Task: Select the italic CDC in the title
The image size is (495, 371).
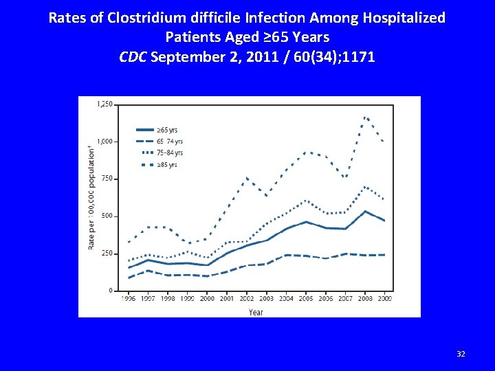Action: (x=133, y=56)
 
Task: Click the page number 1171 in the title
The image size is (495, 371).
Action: (x=357, y=56)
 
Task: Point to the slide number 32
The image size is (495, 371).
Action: (x=461, y=354)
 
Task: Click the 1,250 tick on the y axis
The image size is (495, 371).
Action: (x=105, y=104)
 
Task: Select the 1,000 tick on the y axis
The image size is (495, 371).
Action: (x=105, y=142)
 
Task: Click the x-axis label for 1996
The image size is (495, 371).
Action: (x=128, y=299)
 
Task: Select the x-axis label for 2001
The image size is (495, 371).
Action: (x=228, y=299)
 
